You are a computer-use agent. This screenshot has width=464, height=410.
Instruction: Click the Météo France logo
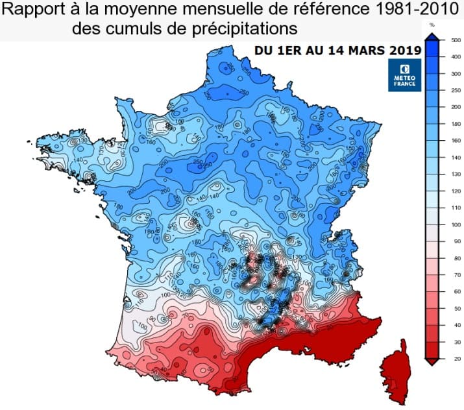point(405,76)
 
